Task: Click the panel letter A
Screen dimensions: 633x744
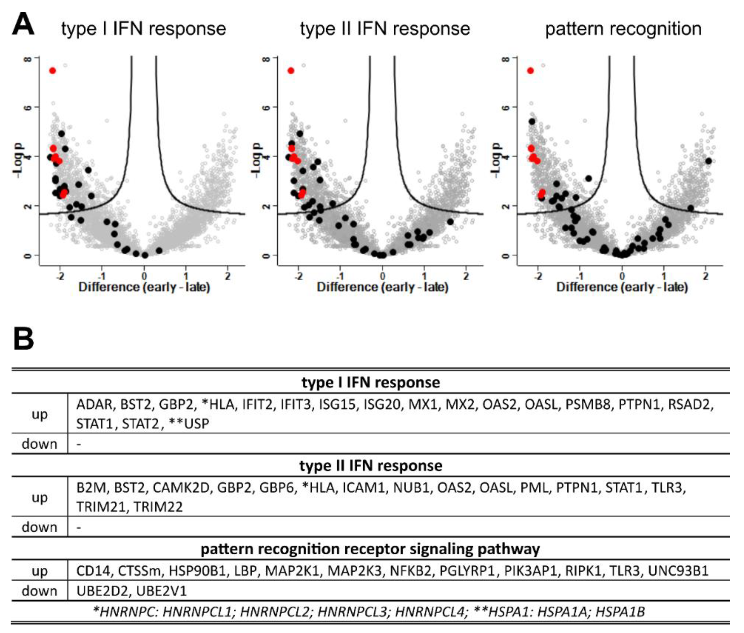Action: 23,24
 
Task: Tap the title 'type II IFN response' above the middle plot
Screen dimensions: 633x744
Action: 385,29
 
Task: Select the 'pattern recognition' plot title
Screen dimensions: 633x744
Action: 623,29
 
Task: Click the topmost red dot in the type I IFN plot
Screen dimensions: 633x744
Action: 52,71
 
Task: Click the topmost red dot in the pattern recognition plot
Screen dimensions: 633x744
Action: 530,71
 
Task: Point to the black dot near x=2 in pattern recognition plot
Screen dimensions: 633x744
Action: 708,161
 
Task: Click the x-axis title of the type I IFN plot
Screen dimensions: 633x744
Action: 144,287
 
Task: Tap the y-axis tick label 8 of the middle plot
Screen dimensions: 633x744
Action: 266,58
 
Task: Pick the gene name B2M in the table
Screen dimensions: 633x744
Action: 91,488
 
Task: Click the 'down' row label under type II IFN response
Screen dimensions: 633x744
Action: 39,527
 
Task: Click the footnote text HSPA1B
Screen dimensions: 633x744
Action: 620,611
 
